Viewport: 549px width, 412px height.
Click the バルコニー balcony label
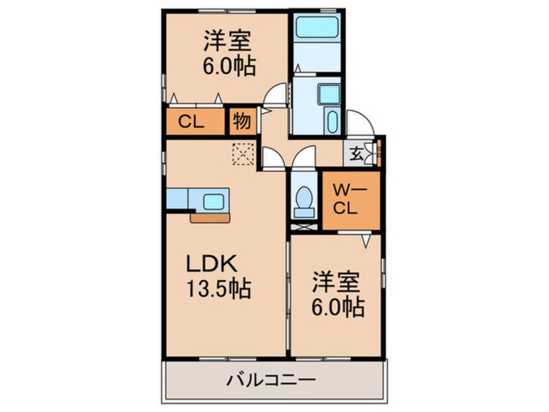(x=271, y=380)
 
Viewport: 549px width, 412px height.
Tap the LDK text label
(x=212, y=264)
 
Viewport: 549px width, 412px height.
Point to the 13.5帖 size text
(x=219, y=289)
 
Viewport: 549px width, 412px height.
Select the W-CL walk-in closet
(x=351, y=201)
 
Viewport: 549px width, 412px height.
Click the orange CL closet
(x=195, y=122)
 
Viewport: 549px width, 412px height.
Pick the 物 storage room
(x=243, y=122)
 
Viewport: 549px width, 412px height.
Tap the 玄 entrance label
(x=356, y=154)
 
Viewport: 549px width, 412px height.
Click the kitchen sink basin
(x=213, y=201)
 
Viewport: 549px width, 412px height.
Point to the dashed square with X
(x=243, y=153)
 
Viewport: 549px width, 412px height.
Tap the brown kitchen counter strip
(x=210, y=218)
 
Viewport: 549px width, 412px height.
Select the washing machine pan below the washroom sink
(x=332, y=120)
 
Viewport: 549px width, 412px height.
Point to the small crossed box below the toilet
(x=304, y=227)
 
